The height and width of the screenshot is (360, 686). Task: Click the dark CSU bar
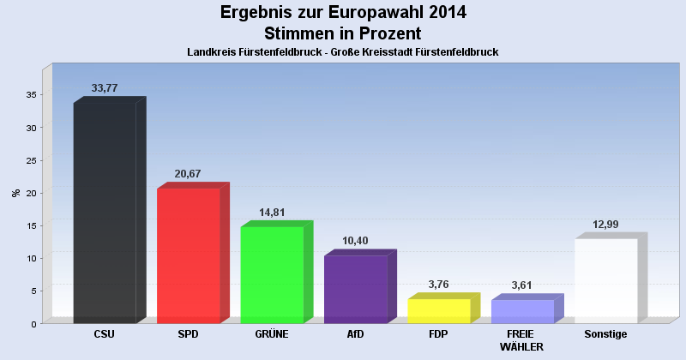pyautogui.click(x=105, y=213)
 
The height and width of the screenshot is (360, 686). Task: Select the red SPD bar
pyautogui.click(x=189, y=255)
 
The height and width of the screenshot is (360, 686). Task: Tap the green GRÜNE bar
pyautogui.click(x=272, y=274)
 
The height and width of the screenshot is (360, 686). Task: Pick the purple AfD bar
pyautogui.click(x=355, y=289)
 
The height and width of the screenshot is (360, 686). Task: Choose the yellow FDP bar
pyautogui.click(x=438, y=310)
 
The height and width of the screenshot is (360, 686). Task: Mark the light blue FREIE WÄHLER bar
pyautogui.click(x=522, y=311)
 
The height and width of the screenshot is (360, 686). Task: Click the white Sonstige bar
pyautogui.click(x=605, y=280)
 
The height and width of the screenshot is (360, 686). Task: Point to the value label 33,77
pyautogui.click(x=105, y=88)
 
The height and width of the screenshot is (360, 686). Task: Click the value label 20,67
pyautogui.click(x=188, y=174)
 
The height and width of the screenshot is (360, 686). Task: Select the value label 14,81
pyautogui.click(x=271, y=213)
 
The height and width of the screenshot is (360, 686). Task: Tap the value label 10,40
pyautogui.click(x=355, y=241)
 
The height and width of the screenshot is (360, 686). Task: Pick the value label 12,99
pyautogui.click(x=605, y=225)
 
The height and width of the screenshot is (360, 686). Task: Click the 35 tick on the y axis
pyautogui.click(x=31, y=95)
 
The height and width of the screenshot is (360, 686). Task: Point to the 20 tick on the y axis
pyautogui.click(x=31, y=193)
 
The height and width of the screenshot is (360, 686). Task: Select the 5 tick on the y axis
pyautogui.click(x=33, y=291)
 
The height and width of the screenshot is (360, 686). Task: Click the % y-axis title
pyautogui.click(x=16, y=193)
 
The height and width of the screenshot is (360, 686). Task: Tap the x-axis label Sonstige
pyautogui.click(x=605, y=333)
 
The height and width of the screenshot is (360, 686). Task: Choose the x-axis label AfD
pyautogui.click(x=355, y=333)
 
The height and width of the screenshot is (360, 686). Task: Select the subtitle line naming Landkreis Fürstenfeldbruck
pyautogui.click(x=343, y=52)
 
